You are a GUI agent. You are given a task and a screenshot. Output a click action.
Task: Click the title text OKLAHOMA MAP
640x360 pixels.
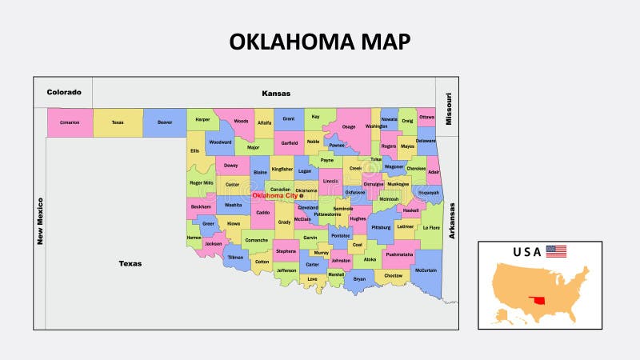pyautogui.click(x=319, y=42)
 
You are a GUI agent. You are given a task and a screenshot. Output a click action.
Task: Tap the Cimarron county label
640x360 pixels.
pyautogui.click(x=69, y=122)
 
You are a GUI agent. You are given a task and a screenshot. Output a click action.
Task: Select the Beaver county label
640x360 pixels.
pyautogui.click(x=165, y=122)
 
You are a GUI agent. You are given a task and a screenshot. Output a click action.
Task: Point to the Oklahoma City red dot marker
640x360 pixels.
pyautogui.click(x=302, y=196)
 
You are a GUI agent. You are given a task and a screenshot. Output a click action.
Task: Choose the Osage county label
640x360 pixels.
pyautogui.click(x=349, y=126)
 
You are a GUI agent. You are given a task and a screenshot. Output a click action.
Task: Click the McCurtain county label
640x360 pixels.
pyautogui.click(x=426, y=270)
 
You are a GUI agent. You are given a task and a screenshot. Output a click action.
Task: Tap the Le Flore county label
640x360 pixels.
pyautogui.click(x=430, y=227)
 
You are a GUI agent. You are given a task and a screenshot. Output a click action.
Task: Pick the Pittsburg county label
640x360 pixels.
pyautogui.click(x=382, y=227)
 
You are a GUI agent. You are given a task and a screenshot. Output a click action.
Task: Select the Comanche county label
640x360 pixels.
pyautogui.click(x=256, y=240)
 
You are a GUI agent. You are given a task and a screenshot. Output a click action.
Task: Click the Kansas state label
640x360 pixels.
pyautogui.click(x=276, y=94)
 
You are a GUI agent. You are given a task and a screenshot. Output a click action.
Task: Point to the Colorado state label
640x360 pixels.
pyautogui.click(x=63, y=92)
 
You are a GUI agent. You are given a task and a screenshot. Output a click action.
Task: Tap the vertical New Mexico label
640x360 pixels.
pyautogui.click(x=39, y=220)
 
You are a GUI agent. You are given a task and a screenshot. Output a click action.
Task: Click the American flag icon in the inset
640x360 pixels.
pyautogui.click(x=556, y=252)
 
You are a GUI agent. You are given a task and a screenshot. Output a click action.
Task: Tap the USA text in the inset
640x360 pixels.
pyautogui.click(x=527, y=252)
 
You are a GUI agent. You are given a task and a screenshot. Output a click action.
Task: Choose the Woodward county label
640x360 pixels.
pyautogui.click(x=219, y=142)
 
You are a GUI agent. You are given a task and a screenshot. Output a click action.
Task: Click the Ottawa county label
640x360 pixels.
pyautogui.click(x=426, y=117)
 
